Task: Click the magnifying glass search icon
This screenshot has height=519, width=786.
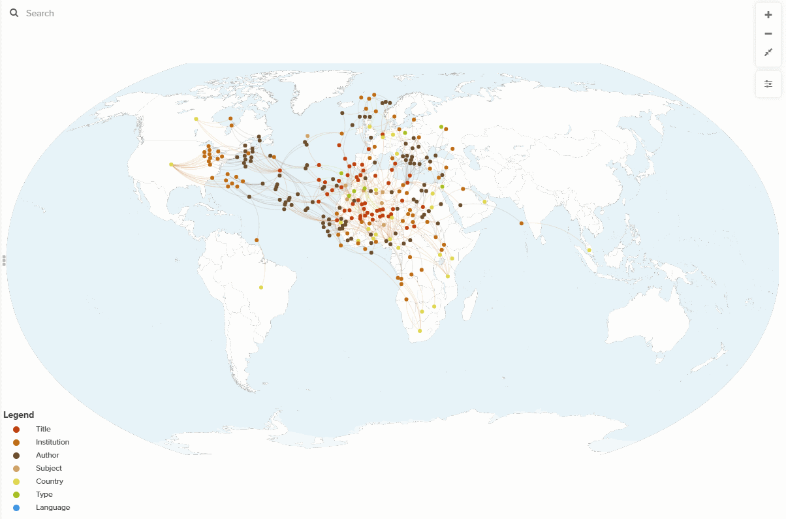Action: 14,13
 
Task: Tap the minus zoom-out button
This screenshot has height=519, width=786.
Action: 768,34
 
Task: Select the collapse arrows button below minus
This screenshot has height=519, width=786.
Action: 768,52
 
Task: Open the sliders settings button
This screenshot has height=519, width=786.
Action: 768,84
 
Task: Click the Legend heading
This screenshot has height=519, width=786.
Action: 19,415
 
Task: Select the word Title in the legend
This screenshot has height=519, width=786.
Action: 43,429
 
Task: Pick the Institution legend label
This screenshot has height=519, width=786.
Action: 52,442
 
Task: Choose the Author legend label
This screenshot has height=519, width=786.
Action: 47,455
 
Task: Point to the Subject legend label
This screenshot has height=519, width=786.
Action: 49,468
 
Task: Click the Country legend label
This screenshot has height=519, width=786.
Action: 50,481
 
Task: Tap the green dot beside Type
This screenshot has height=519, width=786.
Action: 16,494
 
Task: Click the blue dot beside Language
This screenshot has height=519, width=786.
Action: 16,507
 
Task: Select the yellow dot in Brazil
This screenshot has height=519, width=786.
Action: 261,287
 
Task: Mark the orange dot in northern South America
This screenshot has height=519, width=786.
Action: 257,240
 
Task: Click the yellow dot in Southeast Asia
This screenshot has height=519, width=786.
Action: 589,250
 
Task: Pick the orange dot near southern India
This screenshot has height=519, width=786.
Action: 522,223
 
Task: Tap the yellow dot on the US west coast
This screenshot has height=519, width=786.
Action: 171,165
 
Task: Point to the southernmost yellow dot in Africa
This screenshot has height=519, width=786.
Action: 420,330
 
